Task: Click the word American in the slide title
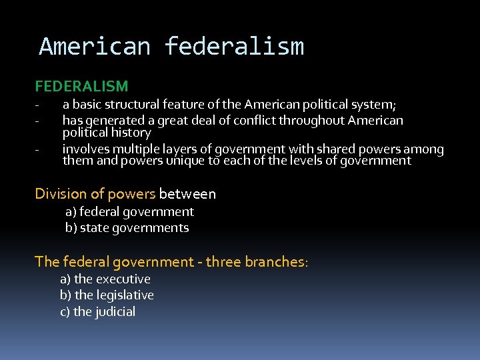[x=94, y=47]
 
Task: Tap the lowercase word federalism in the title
[x=234, y=47]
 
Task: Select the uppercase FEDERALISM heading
[x=81, y=86]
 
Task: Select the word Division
[x=61, y=194]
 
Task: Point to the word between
[x=187, y=194]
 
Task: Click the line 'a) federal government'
[x=129, y=212]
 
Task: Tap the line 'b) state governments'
[x=127, y=228]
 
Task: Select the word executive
[x=123, y=279]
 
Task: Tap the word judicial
[x=116, y=312]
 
